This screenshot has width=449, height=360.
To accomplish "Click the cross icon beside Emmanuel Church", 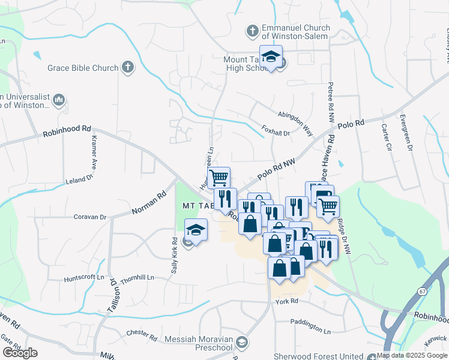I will (253, 30).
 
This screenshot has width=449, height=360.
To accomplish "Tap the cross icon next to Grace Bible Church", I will (127, 67).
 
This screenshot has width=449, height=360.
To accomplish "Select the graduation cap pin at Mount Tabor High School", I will (271, 57).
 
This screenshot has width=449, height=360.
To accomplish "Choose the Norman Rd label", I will (149, 203).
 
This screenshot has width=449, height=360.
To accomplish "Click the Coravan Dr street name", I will (89, 217).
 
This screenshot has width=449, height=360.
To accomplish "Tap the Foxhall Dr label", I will (276, 131).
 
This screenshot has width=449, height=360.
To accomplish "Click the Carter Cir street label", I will (386, 137).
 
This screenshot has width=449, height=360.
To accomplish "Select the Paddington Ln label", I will (310, 328).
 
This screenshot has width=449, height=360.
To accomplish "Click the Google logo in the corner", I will (20, 353).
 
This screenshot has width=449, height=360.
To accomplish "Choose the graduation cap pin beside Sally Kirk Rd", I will (196, 230).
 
